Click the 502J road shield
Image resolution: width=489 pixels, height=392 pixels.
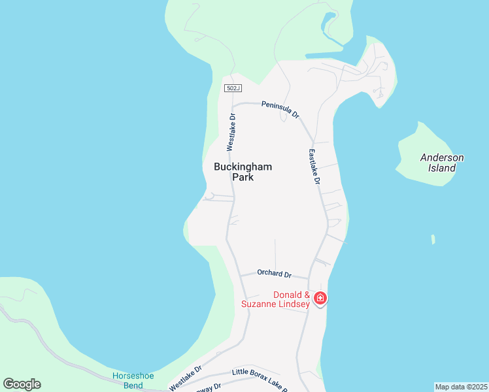[x=231, y=88]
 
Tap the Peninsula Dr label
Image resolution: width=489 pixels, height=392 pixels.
[x=280, y=108]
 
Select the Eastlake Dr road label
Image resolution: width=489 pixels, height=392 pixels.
[x=314, y=166]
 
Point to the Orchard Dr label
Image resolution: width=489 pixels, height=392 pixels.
[x=274, y=274]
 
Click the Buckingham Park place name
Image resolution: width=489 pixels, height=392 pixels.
[x=243, y=172]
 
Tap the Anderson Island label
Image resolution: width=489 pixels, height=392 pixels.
[x=442, y=163]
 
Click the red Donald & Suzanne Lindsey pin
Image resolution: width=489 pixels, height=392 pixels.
[x=320, y=299]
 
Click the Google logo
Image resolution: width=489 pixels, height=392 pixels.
[x=22, y=384]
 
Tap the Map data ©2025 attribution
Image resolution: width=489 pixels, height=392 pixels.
[x=461, y=387]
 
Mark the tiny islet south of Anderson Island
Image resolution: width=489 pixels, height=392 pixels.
[x=433, y=240]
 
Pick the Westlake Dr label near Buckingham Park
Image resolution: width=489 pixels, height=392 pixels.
[x=231, y=131]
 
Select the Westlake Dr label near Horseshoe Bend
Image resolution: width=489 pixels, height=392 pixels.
[x=186, y=379]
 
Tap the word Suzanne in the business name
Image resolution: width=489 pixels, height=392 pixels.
[x=260, y=304]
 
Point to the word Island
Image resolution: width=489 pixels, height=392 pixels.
[x=442, y=168]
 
